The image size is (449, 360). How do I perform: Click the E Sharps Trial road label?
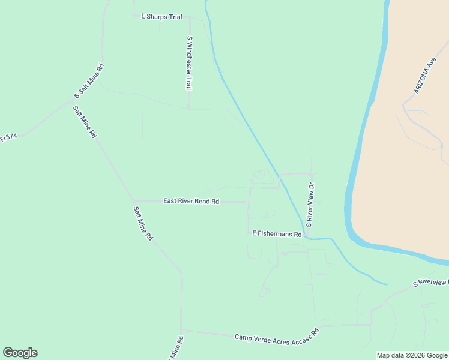tap(161, 17)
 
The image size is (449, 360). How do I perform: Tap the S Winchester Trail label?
tap(189, 63)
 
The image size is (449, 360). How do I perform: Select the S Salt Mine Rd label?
tap(89, 81)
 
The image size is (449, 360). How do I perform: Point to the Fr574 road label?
tap(8, 137)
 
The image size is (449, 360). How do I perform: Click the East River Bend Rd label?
tap(191, 202)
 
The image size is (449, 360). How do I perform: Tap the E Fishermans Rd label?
tap(276, 234)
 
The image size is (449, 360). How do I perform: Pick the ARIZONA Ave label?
tap(424, 76)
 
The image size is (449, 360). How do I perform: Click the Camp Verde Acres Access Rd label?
tap(277, 335)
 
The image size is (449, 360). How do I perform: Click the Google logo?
tap(20, 353)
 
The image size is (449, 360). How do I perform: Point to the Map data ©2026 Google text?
tap(412, 355)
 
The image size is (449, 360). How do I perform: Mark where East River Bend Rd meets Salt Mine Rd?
tap(133, 201)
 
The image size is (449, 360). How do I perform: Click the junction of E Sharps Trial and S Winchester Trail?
tap(190, 17)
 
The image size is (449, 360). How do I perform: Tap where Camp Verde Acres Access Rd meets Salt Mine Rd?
tap(181, 330)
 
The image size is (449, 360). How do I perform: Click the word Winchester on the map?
tap(189, 61)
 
